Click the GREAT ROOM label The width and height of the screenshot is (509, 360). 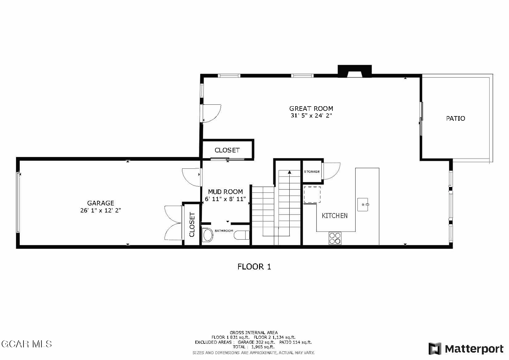pyautogui.click(x=311, y=109)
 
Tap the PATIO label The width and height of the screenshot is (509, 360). pyautogui.click(x=456, y=118)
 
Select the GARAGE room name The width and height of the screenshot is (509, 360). pyautogui.click(x=101, y=203)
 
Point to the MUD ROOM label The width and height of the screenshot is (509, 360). pyautogui.click(x=226, y=192)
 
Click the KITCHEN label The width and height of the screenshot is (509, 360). pyautogui.click(x=335, y=216)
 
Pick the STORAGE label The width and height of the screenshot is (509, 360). pyautogui.click(x=312, y=172)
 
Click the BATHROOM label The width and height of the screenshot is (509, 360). pyautogui.click(x=224, y=231)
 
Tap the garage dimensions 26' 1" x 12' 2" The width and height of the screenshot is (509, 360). pyautogui.click(x=101, y=210)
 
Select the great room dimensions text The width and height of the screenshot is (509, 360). pyautogui.click(x=311, y=115)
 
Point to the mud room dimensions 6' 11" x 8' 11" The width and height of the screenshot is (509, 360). pyautogui.click(x=226, y=199)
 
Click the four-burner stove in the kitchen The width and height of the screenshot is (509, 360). pyautogui.click(x=335, y=238)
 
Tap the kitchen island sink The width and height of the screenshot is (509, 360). pyautogui.click(x=363, y=204)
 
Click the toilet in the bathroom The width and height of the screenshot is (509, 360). pyautogui.click(x=242, y=235)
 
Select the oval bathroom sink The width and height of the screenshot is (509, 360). pyautogui.click(x=207, y=235)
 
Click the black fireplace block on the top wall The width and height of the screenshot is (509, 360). pyautogui.click(x=354, y=71)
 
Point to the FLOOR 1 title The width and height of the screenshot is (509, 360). pyautogui.click(x=254, y=267)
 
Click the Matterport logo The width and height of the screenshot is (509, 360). pyautogui.click(x=466, y=349)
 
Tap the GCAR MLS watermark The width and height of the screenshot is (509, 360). pyautogui.click(x=26, y=344)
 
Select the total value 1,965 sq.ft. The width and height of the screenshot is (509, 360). pyautogui.click(x=263, y=347)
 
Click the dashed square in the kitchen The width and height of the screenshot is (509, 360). pyautogui.click(x=312, y=195)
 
